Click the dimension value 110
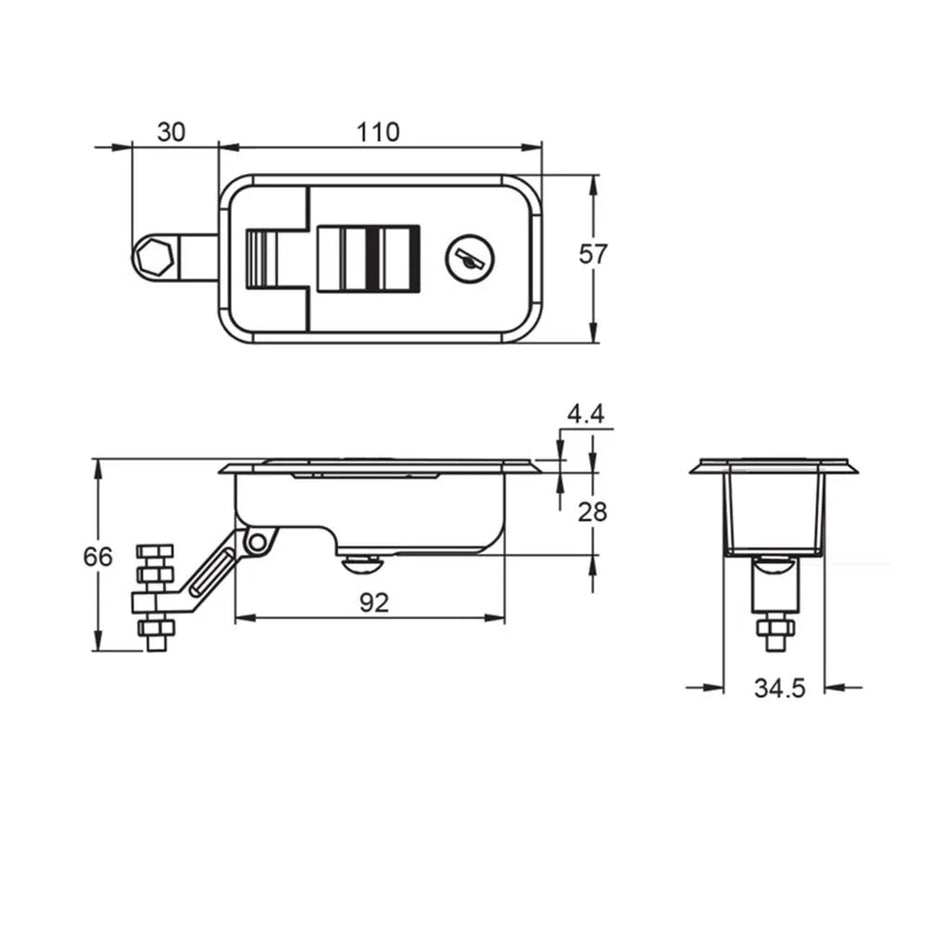pyautogui.click(x=378, y=132)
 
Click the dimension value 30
pyautogui.click(x=172, y=132)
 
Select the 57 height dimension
pyautogui.click(x=593, y=254)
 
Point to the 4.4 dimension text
pyautogui.click(x=585, y=414)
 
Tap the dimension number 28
pyautogui.click(x=593, y=512)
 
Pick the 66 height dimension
pyautogui.click(x=98, y=557)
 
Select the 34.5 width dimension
pyautogui.click(x=779, y=689)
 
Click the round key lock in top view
pyautogui.click(x=467, y=259)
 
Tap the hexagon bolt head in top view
pyautogui.click(x=154, y=259)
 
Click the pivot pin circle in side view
pyautogui.click(x=258, y=542)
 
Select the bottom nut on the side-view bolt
pyautogui.click(x=155, y=628)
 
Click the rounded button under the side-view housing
pyautogui.click(x=362, y=565)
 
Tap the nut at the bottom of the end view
pyautogui.click(x=775, y=627)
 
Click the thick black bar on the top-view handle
pyautogui.click(x=374, y=259)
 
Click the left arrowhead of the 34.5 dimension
pyautogui.click(x=714, y=687)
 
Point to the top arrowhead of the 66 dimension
pyautogui.click(x=98, y=466)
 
